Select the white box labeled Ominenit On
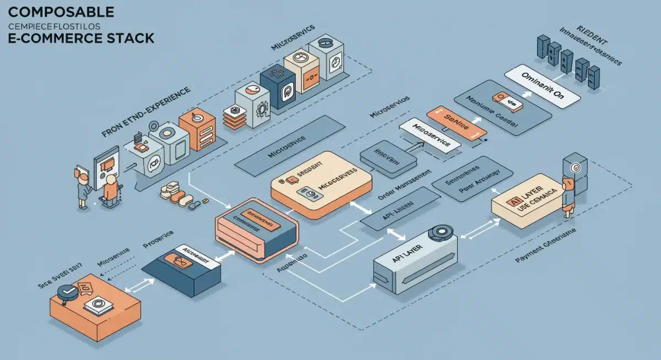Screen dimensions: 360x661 [543, 85]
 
